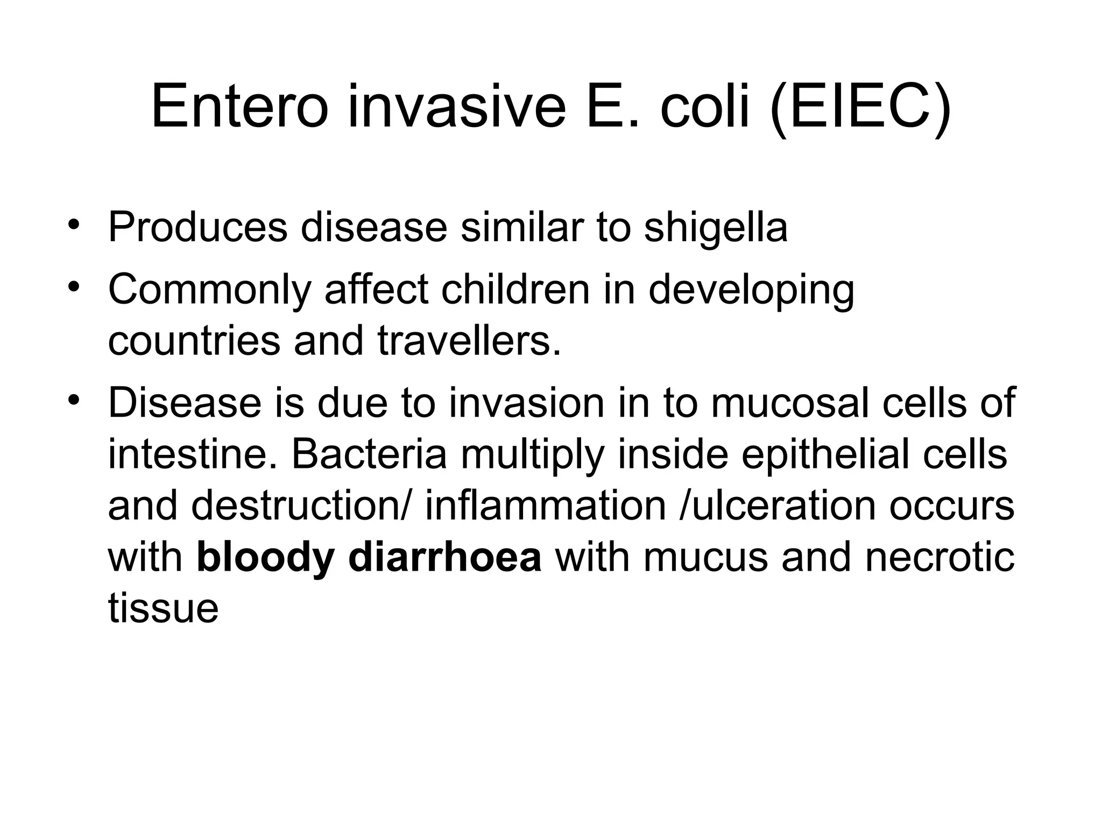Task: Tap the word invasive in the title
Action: tap(457, 108)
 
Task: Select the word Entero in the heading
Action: tap(239, 108)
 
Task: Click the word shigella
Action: tap(716, 227)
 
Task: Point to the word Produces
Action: tap(198, 227)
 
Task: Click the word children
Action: tap(515, 290)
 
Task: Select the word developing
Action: tap(751, 290)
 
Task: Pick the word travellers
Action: tap(469, 341)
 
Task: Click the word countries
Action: tap(194, 341)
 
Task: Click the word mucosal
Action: tap(789, 403)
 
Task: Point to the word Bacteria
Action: tap(369, 454)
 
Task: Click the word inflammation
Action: tap(546, 506)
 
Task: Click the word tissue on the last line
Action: tap(163, 608)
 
